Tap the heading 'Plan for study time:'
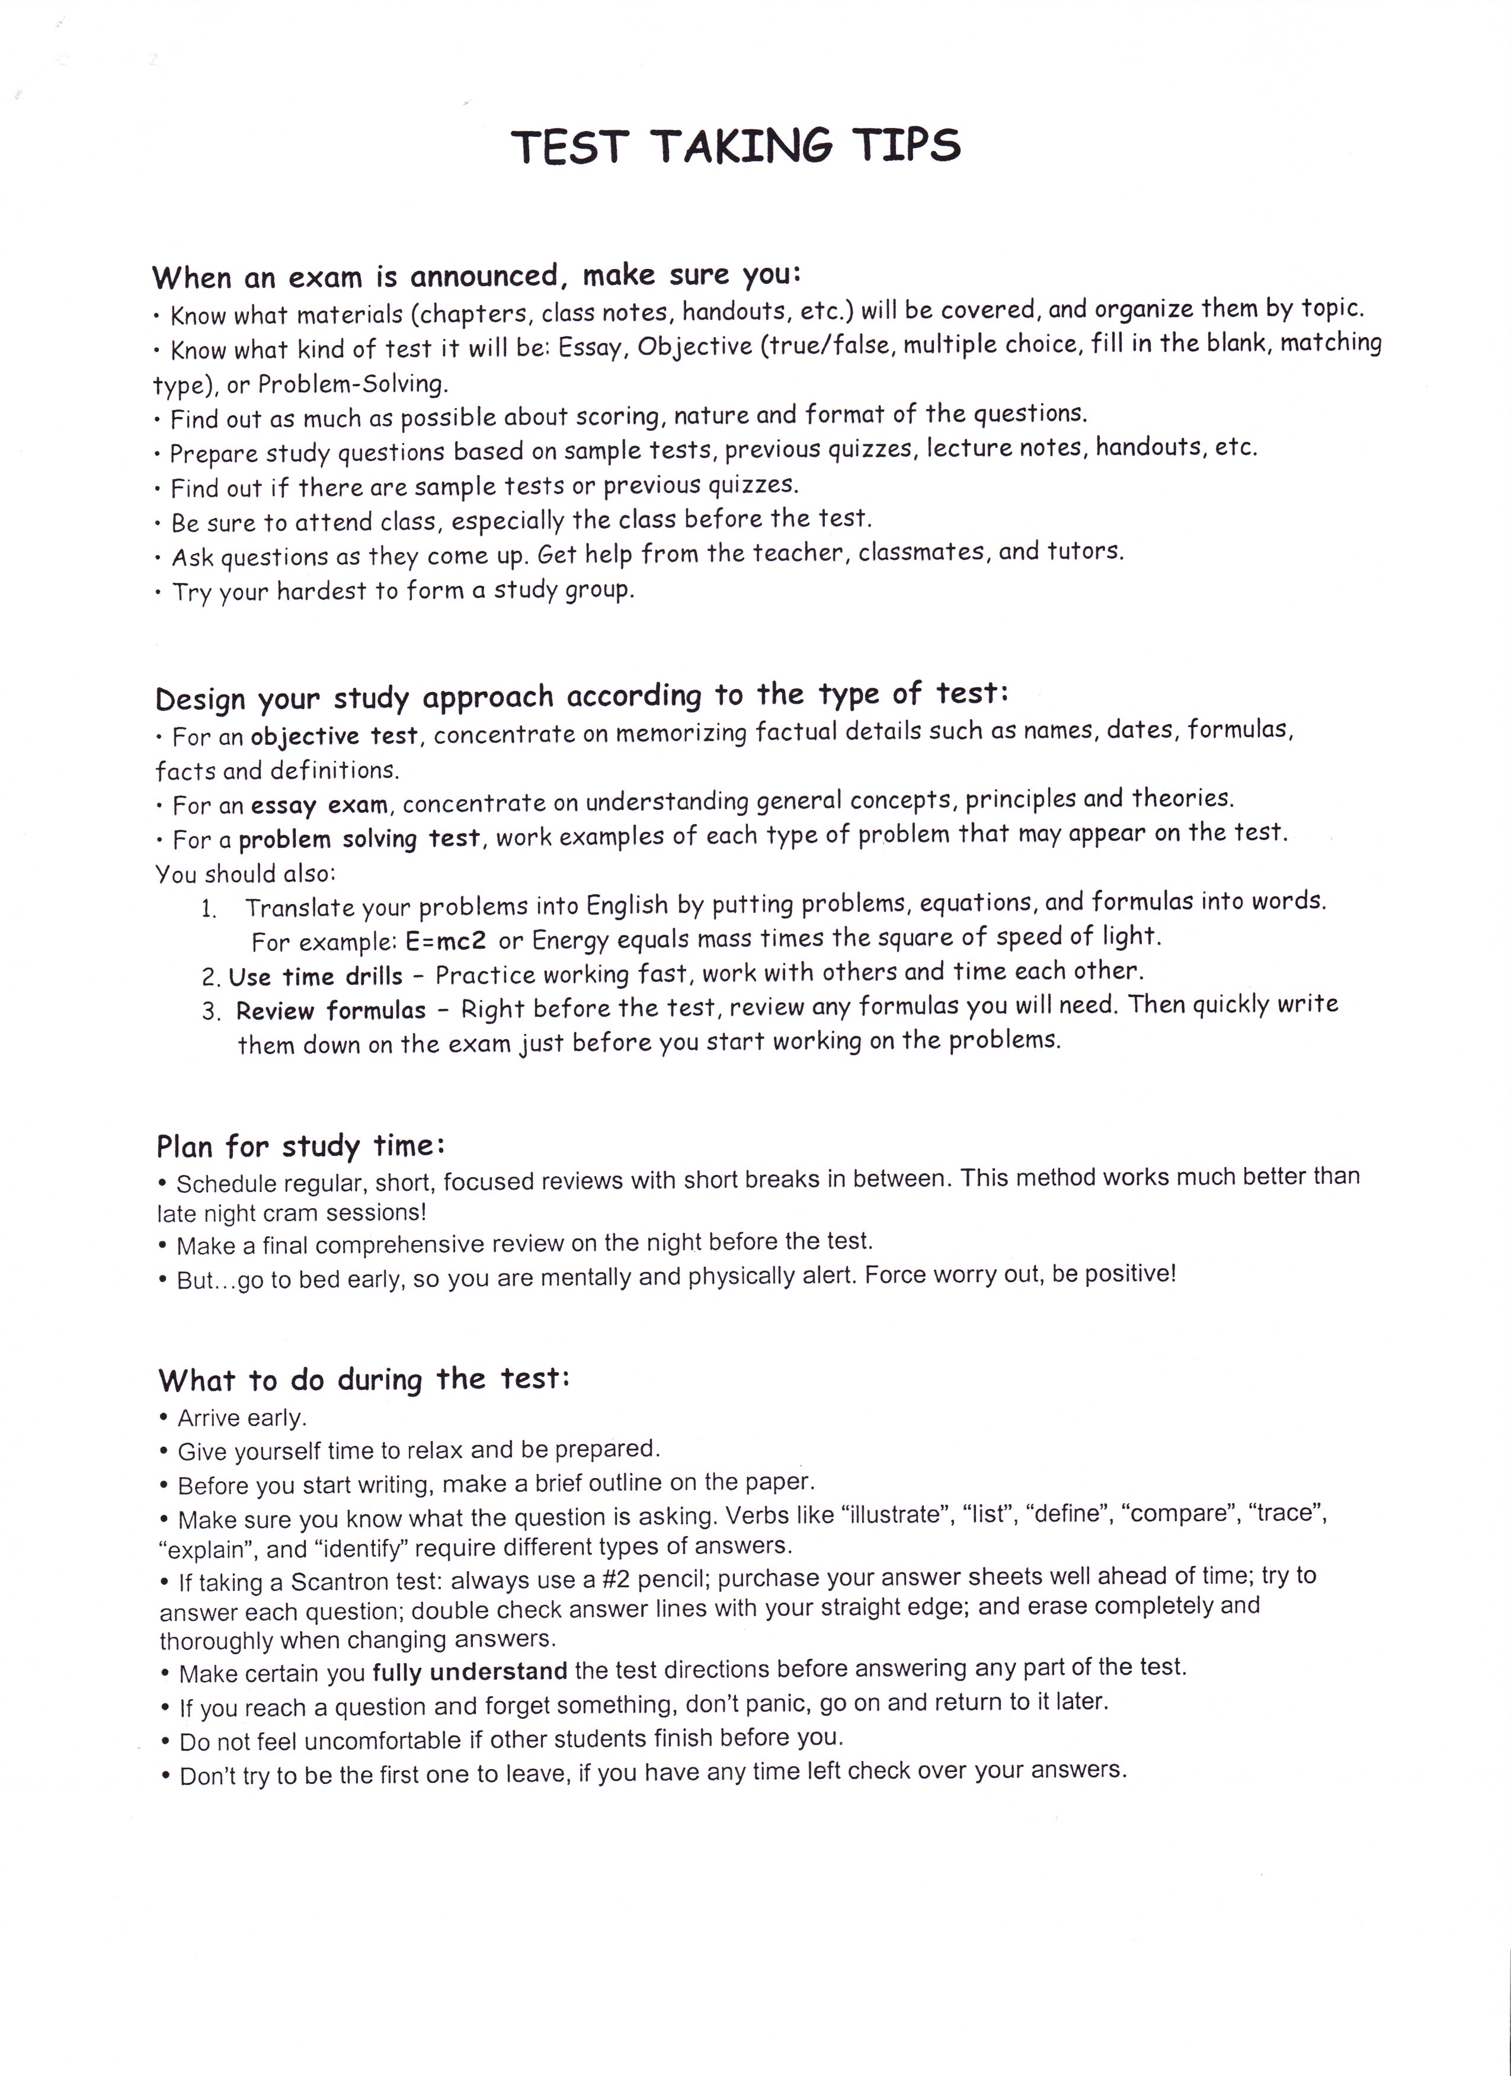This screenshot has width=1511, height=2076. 300,1146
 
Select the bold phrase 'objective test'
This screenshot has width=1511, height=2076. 334,736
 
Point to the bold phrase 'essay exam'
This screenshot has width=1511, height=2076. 319,806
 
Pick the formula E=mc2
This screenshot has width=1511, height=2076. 446,941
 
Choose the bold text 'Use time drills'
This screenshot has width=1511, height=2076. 316,976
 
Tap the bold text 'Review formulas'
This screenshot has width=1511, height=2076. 331,1011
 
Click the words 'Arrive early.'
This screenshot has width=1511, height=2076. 242,1418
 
